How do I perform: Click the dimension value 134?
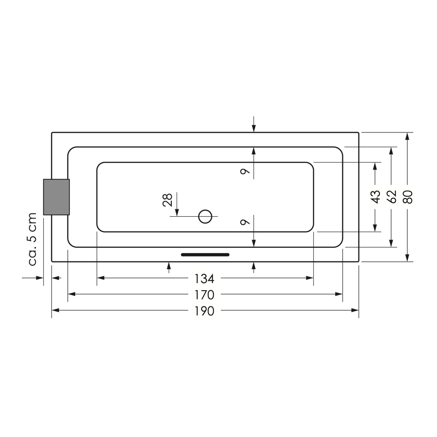coord(204,278)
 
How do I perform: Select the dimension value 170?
coord(204,295)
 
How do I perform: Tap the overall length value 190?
coord(204,311)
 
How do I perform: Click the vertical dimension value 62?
coord(392,197)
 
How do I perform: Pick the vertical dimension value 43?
coord(375,197)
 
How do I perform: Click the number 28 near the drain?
coord(167,200)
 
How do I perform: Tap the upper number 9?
coord(245,171)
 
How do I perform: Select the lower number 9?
coord(245,222)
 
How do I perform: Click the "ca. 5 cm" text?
coord(33,239)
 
